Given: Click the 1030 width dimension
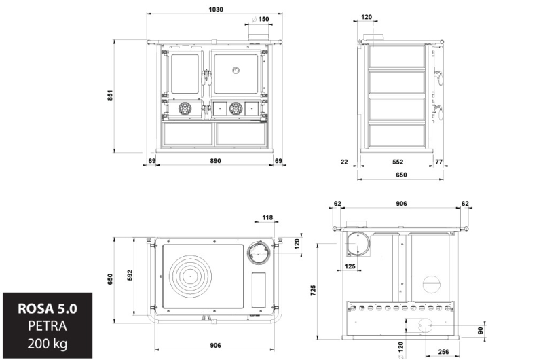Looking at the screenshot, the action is tap(215, 10).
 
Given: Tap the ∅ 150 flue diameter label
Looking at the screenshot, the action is tap(261, 19).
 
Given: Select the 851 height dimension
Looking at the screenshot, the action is tap(110, 95).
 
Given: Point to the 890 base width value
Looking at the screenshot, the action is tap(215, 161).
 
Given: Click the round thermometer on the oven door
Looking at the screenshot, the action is tap(236, 71).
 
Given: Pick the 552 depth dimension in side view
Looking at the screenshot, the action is tap(398, 162).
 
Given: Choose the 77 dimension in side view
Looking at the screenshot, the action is tap(438, 162).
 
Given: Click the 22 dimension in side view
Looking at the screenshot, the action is tap(344, 162).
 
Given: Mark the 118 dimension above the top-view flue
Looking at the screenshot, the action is tap(267, 217).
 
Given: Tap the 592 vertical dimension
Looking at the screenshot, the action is tap(130, 276).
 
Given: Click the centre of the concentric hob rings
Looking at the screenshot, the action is tap(190, 276).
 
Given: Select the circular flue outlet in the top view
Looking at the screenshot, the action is tap(258, 253).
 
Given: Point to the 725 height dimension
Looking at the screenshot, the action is tap(313, 290).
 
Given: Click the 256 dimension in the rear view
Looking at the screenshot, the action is tap(443, 352).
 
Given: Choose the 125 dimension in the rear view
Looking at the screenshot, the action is tap(350, 266).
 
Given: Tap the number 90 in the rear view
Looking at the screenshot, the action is tap(480, 331).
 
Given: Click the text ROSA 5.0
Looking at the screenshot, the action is tap(48, 308).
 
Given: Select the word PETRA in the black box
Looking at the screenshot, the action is tap(48, 326).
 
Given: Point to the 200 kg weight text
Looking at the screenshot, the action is tap(48, 344).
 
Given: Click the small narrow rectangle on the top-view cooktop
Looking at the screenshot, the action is tap(259, 290).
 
